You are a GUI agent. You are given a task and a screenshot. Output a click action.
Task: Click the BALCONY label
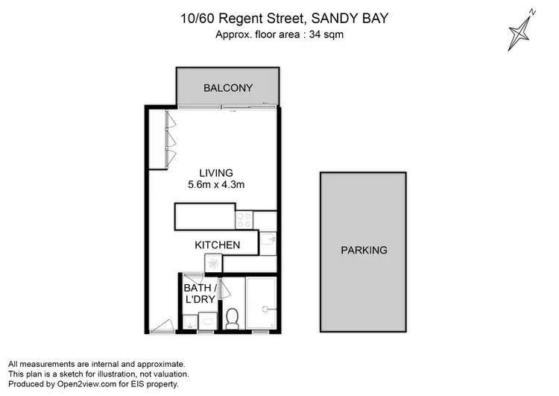[228, 88]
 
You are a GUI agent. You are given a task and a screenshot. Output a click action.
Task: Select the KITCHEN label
[217, 245]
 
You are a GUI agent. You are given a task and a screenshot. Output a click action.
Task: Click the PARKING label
[364, 250]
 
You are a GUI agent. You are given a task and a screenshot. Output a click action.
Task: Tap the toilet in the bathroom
[231, 318]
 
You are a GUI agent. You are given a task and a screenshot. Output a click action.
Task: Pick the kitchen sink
[268, 243]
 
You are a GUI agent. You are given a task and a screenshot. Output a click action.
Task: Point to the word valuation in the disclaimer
[169, 374]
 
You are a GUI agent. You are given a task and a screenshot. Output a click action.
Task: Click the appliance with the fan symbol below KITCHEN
[213, 263]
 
